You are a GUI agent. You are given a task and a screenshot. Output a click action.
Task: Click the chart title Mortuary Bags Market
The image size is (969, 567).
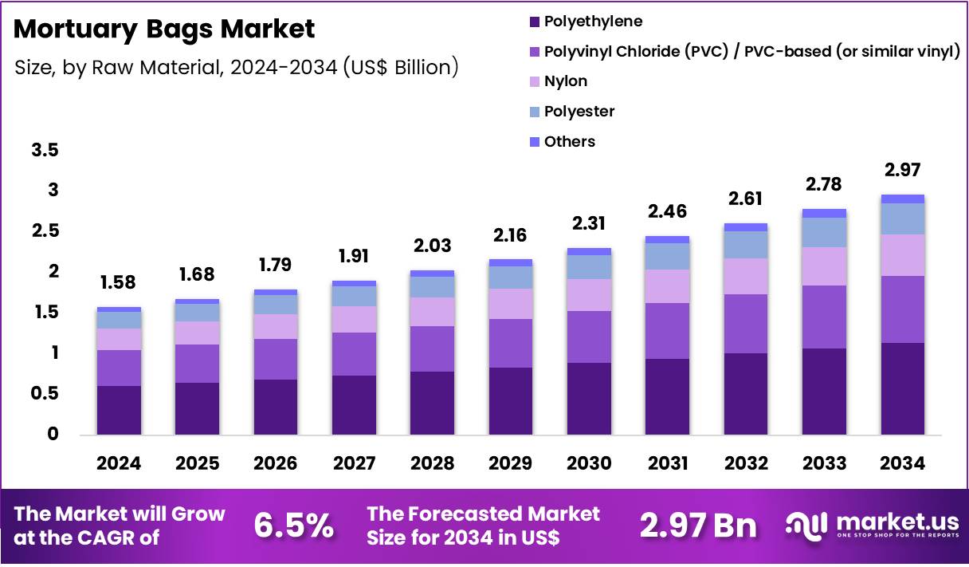[x=165, y=30]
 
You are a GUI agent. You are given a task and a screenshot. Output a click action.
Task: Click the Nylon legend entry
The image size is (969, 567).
[x=566, y=81]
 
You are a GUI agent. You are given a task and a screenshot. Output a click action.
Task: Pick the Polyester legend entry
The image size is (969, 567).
[x=579, y=112]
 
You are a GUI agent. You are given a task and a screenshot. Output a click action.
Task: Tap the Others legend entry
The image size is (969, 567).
[x=569, y=142]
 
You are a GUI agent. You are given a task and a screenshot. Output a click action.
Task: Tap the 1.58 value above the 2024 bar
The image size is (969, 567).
[x=118, y=282]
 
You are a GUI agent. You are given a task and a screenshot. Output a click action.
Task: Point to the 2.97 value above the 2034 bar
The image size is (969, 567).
[x=902, y=170]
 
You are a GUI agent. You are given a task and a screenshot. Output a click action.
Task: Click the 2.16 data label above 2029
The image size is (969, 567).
[x=511, y=235]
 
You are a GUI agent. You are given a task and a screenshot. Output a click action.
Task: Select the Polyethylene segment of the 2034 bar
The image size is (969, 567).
[x=902, y=388]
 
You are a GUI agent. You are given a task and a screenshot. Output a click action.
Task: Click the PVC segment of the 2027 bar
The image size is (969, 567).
[x=354, y=354]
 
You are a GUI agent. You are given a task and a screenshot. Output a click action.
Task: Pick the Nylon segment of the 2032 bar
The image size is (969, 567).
[x=745, y=276]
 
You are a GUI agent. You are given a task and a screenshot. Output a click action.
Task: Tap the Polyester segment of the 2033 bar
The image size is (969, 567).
[x=823, y=232]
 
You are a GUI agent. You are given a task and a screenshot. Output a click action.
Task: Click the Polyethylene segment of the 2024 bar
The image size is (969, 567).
[x=119, y=410]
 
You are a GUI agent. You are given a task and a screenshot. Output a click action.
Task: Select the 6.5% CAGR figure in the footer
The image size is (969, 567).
[x=293, y=526]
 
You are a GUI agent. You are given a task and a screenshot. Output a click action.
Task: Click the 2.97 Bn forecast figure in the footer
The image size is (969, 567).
[x=698, y=526]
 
